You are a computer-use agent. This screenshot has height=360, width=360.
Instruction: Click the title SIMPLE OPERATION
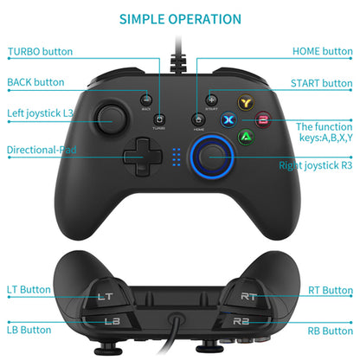(180, 18)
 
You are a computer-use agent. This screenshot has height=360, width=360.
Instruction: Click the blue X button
(229, 120)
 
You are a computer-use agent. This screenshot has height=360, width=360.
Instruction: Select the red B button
(262, 120)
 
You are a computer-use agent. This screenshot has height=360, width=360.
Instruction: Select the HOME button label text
(321, 52)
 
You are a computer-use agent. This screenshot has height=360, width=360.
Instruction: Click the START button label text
(321, 84)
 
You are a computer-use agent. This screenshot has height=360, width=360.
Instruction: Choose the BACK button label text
(36, 83)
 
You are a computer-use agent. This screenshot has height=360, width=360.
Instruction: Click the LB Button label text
(29, 330)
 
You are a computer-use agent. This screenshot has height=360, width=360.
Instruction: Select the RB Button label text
(331, 330)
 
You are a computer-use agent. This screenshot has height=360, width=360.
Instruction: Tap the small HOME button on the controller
(199, 120)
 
